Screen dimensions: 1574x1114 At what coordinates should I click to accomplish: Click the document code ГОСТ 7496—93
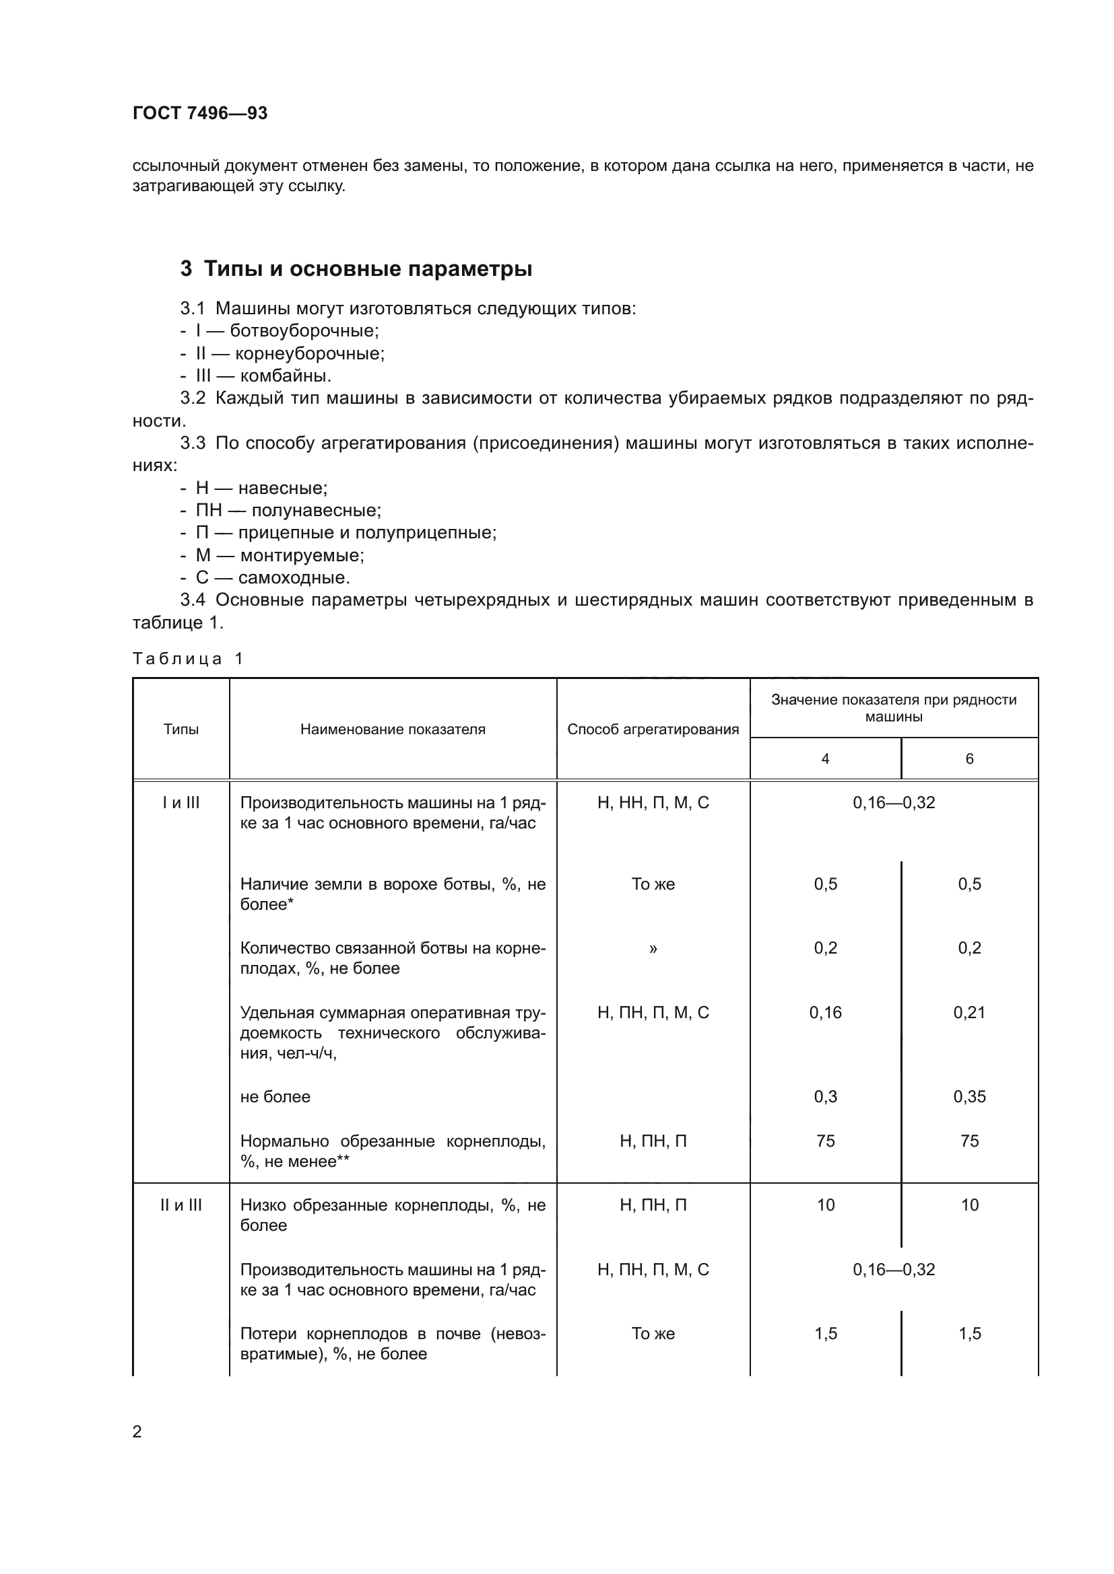pyautogui.click(x=199, y=113)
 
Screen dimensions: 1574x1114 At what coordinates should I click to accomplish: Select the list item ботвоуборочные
pyautogui.click(x=304, y=331)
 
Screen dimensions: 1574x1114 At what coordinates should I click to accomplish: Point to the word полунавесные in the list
pyautogui.click(x=317, y=510)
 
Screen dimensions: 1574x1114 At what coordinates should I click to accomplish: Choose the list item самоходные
pyautogui.click(x=294, y=577)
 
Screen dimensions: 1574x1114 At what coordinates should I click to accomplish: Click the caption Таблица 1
pyautogui.click(x=187, y=659)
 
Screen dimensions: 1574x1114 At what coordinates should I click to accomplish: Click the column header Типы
pyautogui.click(x=181, y=729)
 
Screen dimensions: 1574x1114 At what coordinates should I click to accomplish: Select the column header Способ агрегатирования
pyautogui.click(x=653, y=729)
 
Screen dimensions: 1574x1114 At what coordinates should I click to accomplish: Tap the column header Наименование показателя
pyautogui.click(x=393, y=729)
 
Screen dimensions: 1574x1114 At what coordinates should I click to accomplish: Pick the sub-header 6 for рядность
pyautogui.click(x=969, y=759)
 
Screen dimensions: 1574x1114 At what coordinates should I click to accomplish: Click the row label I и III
pyautogui.click(x=181, y=803)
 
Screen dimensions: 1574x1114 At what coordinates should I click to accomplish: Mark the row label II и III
pyautogui.click(x=181, y=1205)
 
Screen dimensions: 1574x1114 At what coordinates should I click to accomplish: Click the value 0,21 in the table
pyautogui.click(x=969, y=1013)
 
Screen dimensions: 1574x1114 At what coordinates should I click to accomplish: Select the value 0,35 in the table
pyautogui.click(x=969, y=1097)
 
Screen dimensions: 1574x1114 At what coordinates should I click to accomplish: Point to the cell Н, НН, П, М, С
pyautogui.click(x=653, y=803)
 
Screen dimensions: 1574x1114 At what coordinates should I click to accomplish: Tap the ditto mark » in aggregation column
pyautogui.click(x=653, y=949)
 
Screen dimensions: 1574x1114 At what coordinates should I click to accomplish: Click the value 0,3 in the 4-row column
pyautogui.click(x=825, y=1097)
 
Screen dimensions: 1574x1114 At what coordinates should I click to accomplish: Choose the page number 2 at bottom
pyautogui.click(x=137, y=1431)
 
